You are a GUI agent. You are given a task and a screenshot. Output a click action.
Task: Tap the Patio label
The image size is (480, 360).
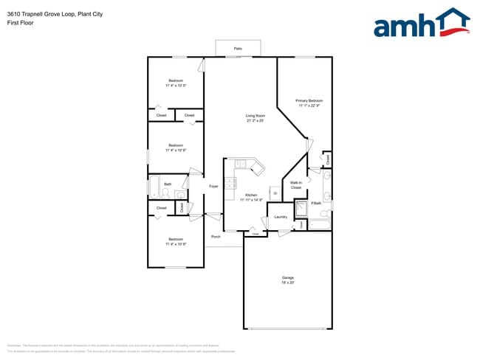[238, 48]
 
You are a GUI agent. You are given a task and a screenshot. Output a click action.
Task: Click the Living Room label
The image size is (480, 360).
[256, 116]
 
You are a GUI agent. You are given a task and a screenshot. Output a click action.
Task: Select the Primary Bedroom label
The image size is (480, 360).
[309, 100]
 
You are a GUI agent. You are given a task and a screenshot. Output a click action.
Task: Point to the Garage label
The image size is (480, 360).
[287, 277]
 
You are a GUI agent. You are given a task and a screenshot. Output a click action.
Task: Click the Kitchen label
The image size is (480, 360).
[250, 195]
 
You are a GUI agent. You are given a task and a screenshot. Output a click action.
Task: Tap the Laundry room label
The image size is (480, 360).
[281, 217]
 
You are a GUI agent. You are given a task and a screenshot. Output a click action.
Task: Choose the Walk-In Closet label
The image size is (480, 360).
[295, 185]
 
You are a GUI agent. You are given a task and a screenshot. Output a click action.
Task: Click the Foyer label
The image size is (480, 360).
[213, 187]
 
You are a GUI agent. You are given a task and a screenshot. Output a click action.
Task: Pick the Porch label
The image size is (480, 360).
[216, 237]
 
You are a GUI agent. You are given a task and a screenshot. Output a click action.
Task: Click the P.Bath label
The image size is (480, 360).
[315, 203]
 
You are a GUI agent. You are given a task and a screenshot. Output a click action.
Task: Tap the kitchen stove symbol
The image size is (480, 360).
[230, 182]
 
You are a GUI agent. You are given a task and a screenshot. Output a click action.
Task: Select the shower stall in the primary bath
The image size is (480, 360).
[301, 210]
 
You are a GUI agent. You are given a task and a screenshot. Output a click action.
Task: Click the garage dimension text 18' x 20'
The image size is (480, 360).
[287, 283]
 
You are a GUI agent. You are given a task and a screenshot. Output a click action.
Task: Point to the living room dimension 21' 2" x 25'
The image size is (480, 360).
[256, 121]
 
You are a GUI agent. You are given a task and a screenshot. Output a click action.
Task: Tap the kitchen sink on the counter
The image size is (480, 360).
[240, 164]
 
